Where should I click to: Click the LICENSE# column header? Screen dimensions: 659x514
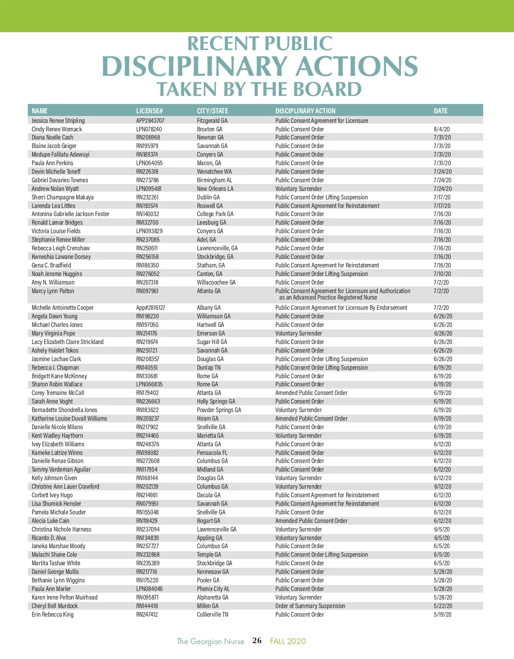[149, 111]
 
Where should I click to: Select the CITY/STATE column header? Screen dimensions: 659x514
[212, 111]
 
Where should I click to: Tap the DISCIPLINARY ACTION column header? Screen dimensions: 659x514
[305, 111]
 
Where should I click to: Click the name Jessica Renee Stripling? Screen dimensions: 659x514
[58, 121]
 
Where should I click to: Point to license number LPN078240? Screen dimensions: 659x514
[149, 129]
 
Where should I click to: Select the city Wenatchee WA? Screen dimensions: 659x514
[214, 172]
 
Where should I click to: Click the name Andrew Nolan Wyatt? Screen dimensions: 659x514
[55, 189]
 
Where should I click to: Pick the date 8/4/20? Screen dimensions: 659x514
[442, 129]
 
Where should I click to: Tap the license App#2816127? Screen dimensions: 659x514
[151, 308]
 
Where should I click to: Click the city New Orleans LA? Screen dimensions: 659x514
[215, 189]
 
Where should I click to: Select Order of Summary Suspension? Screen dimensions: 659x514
[310, 606]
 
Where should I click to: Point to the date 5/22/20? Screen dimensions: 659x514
[443, 606]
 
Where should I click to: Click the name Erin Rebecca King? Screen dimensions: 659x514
[53, 614]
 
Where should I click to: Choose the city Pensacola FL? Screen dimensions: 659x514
[212, 453]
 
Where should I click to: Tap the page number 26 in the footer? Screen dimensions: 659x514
[257, 641]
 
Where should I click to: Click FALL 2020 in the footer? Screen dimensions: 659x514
[288, 641]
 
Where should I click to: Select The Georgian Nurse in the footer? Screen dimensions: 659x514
[210, 641]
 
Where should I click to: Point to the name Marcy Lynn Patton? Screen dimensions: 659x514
[53, 291]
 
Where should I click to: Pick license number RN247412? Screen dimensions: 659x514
[147, 614]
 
